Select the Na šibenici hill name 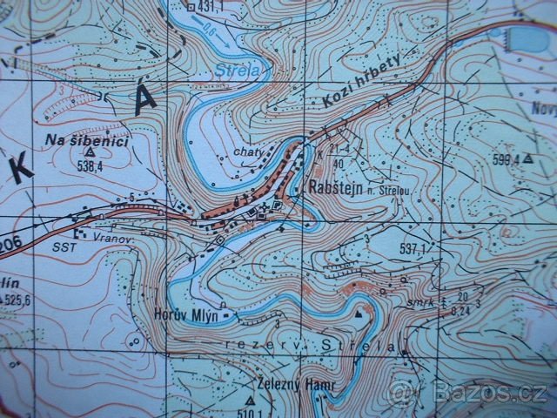[x=76, y=139]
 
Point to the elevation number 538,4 [x=90, y=165]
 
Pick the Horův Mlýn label [x=185, y=309]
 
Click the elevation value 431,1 [x=211, y=7]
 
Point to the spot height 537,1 [x=413, y=251]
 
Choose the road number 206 [x=9, y=240]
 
